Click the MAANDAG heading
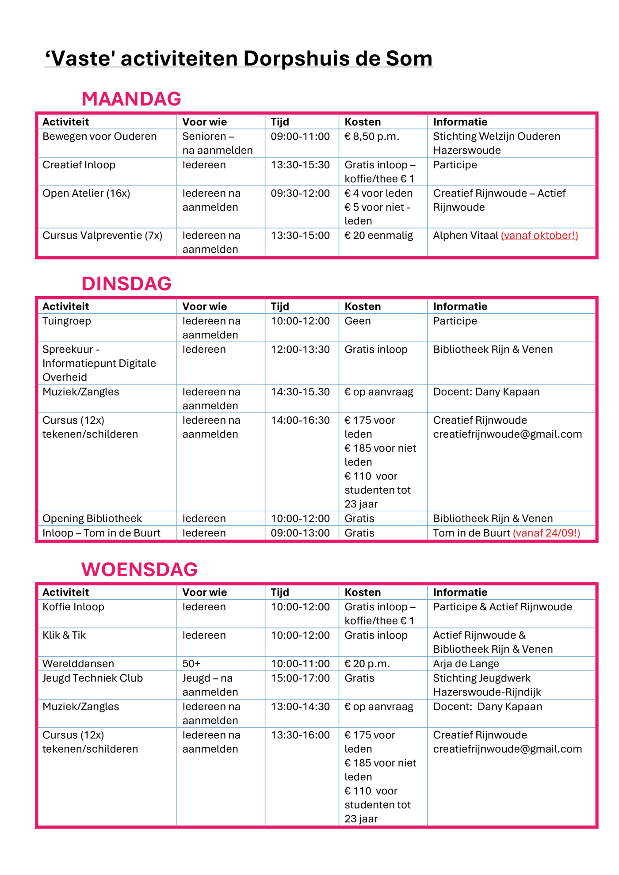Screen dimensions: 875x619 (131, 99)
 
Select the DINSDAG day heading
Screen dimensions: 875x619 (126, 283)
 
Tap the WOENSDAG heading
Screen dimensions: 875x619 (139, 569)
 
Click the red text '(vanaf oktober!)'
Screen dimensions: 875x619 (539, 236)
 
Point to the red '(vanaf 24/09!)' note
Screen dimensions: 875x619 (546, 533)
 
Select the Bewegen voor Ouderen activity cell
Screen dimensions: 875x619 (99, 137)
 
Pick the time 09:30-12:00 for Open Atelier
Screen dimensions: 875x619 (300, 194)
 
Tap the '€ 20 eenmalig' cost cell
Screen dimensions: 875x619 (378, 236)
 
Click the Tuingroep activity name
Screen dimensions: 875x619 (67, 321)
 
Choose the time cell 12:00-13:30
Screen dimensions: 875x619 (300, 350)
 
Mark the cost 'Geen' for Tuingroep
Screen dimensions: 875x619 (358, 321)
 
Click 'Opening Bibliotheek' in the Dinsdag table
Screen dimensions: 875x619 (92, 518)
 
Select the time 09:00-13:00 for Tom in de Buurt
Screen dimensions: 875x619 (300, 533)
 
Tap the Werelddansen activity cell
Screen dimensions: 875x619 (78, 664)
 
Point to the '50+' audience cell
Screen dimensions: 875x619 (191, 664)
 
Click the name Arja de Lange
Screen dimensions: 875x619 (466, 664)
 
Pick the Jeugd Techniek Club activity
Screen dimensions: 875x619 (92, 678)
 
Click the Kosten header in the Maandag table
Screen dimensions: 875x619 (363, 122)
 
